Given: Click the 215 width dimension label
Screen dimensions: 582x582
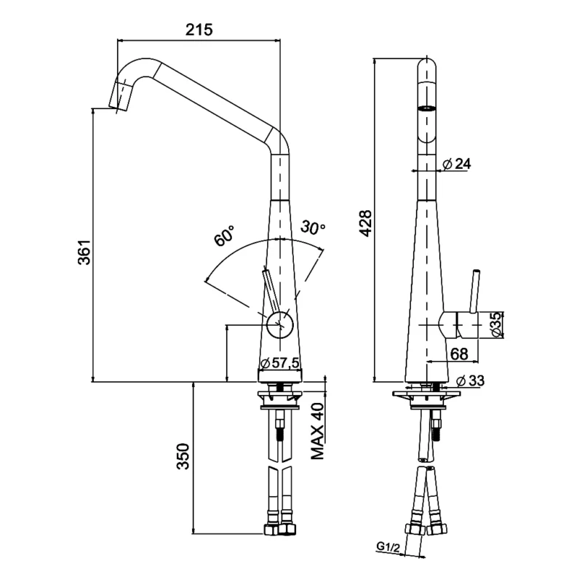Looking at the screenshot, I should coord(199,30).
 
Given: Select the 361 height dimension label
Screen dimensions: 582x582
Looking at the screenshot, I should coord(84,251).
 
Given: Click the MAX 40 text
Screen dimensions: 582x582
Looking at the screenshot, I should coord(317,432).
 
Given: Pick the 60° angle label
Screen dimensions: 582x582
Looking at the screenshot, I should coord(224,235).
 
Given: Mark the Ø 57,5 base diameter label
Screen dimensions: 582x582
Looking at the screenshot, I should coord(279,362).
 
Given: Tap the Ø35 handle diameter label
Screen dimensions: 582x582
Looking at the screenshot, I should coord(495,324).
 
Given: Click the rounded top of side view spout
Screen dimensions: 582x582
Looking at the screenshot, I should coord(426,65).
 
